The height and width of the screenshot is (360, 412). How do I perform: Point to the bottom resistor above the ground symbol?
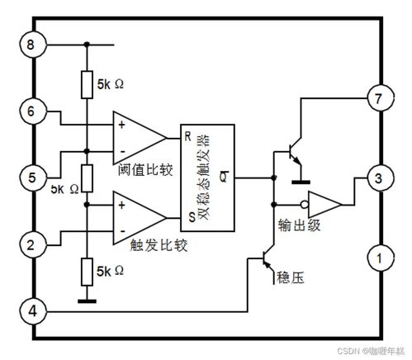tap(86, 271)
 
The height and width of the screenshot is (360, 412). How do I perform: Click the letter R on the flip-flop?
tap(187, 135)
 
